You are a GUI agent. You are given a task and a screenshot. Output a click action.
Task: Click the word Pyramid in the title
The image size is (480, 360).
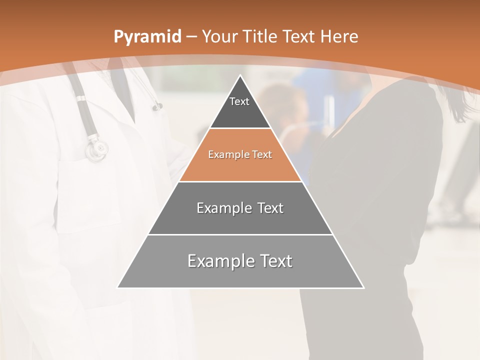147,36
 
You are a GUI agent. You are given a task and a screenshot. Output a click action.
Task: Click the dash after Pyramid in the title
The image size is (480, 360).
191,37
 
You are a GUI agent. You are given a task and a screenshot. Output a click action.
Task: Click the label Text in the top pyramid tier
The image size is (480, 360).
239,101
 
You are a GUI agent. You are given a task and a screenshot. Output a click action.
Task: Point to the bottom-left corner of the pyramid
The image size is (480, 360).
118,287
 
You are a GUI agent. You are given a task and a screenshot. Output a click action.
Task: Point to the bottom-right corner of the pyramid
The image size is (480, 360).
363,287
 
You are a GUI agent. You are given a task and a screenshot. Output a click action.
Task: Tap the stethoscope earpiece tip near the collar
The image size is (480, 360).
158,106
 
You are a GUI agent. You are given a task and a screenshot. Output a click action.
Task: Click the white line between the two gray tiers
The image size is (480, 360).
240,234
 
